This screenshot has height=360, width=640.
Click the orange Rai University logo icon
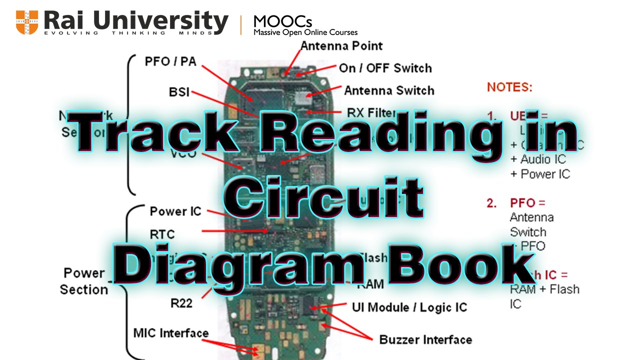[26, 22]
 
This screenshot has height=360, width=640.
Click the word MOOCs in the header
[283, 21]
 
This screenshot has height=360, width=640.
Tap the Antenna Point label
[341, 46]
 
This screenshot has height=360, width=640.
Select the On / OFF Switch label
[385, 68]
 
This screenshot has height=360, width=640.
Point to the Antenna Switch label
[389, 90]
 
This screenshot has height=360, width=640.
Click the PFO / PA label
[170, 61]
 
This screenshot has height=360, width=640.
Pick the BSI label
[179, 92]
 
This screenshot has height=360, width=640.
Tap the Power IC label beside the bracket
[175, 211]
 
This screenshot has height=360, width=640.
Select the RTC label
[162, 234]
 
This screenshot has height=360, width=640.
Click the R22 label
[181, 303]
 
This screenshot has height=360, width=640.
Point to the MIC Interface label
[171, 333]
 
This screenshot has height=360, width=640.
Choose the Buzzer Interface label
[425, 340]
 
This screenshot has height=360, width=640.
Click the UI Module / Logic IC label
[409, 307]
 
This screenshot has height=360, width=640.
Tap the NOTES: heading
[509, 87]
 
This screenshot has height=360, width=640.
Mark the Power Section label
[84, 281]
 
